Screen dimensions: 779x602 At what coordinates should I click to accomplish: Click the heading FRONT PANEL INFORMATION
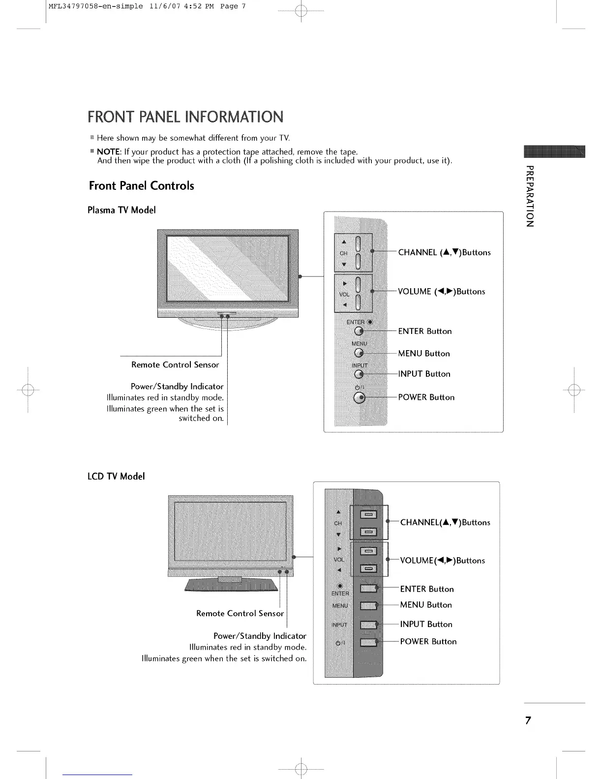click(x=185, y=117)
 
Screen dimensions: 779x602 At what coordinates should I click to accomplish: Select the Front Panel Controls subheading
click(x=141, y=186)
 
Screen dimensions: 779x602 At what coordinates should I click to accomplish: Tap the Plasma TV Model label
click(x=121, y=210)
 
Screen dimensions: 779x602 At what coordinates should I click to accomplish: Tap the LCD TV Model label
click(x=116, y=476)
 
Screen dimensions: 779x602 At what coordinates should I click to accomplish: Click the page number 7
click(x=528, y=721)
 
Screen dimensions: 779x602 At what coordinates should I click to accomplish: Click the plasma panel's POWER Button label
click(x=426, y=397)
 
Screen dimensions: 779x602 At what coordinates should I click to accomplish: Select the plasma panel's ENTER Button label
click(x=424, y=331)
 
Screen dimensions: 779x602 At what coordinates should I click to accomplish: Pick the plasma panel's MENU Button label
click(x=423, y=354)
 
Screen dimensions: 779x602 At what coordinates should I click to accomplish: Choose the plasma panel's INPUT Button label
click(x=424, y=374)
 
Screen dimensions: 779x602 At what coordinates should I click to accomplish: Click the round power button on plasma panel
click(x=360, y=398)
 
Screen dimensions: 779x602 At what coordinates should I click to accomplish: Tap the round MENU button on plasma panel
click(x=360, y=353)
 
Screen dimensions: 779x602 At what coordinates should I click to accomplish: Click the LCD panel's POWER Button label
click(x=428, y=642)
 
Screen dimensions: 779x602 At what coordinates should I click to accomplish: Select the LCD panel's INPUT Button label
click(x=426, y=624)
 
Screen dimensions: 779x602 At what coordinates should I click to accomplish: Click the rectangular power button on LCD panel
click(x=368, y=642)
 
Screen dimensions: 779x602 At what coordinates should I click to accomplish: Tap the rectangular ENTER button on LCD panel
click(x=368, y=589)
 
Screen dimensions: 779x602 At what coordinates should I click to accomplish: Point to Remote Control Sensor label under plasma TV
click(x=175, y=365)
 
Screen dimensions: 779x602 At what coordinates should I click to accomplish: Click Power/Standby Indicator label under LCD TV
click(x=260, y=636)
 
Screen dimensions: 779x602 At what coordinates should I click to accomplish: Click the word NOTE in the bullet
click(x=108, y=151)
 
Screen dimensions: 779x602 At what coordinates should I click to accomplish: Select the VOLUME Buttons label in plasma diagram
click(x=441, y=292)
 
